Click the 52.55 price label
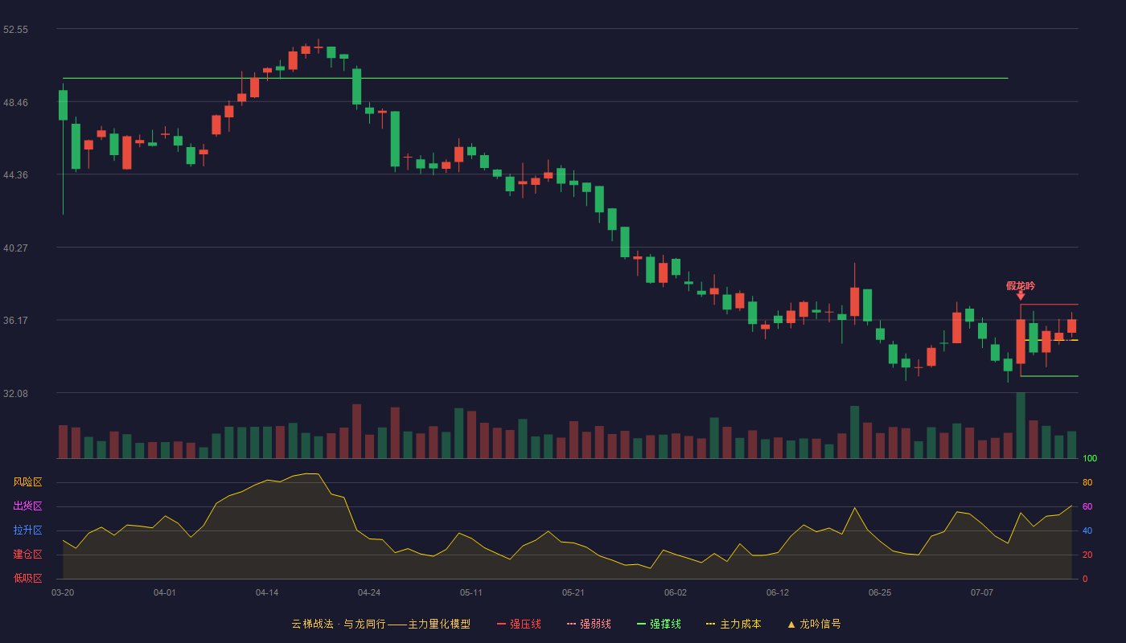point(15,30)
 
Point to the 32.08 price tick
point(15,393)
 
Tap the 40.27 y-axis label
point(15,248)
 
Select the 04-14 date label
point(267,593)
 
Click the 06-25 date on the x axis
point(880,593)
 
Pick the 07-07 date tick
point(982,593)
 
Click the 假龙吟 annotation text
point(1021,286)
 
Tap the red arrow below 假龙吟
point(1021,296)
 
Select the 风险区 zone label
point(27,482)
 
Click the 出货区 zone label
point(27,506)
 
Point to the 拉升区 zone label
point(27,530)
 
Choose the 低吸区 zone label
point(27,578)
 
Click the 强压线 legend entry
point(519,624)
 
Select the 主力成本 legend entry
point(734,624)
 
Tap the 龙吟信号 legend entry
point(814,624)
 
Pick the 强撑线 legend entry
point(659,624)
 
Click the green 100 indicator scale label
point(1090,458)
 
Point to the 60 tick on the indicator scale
point(1087,506)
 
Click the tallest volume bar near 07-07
point(1021,425)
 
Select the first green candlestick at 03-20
point(63,105)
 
